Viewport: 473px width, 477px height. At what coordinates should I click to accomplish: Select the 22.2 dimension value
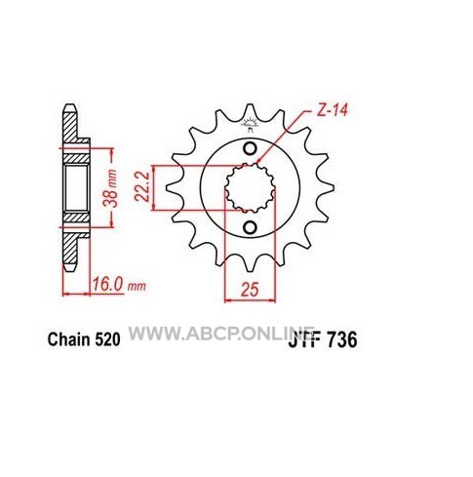tap(142, 187)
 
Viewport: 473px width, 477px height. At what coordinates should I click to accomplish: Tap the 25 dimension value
tap(250, 289)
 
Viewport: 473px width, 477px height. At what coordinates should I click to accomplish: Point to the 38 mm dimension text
tap(111, 188)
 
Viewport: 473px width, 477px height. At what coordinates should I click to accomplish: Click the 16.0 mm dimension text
tap(119, 286)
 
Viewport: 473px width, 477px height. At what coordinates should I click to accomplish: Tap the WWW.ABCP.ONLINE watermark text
tap(221, 333)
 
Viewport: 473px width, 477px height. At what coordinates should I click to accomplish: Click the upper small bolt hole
tap(250, 148)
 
